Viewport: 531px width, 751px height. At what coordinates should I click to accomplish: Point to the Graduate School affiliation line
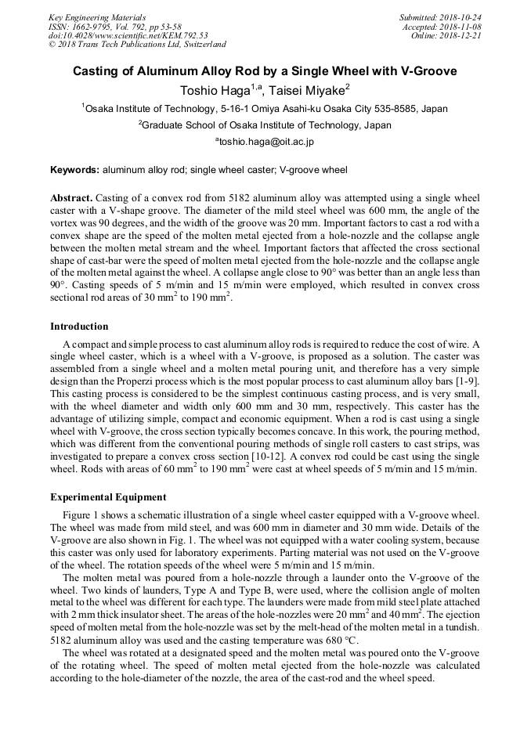pos(265,125)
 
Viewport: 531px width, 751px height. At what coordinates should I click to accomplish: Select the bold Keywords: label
pos(75,170)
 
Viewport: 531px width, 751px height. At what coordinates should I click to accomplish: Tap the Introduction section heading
pos(79,327)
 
